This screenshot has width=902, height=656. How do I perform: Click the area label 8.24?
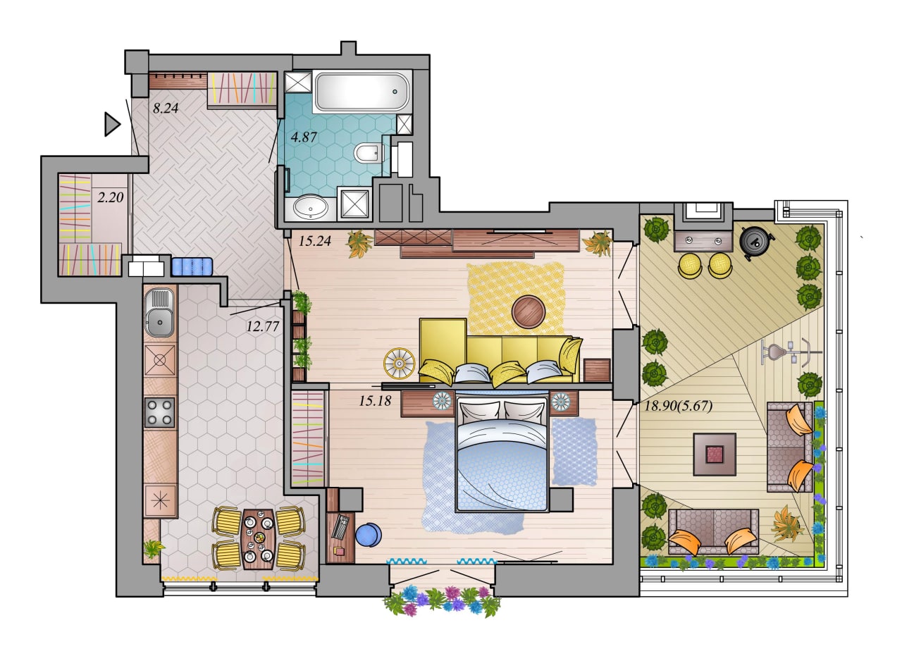[x=165, y=109]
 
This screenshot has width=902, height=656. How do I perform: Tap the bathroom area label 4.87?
[x=304, y=137]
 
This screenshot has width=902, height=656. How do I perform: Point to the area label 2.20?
[x=111, y=197]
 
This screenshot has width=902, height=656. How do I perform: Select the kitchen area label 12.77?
[x=263, y=326]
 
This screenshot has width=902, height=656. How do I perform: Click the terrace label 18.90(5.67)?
[x=679, y=406]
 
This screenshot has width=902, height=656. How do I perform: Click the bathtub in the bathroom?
[x=362, y=92]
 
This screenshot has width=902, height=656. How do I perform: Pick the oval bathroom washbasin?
[x=311, y=207]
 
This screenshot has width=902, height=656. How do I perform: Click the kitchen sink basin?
[x=160, y=322]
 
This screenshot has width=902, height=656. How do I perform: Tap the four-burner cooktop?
[x=159, y=412]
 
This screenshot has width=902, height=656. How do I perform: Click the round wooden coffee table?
[x=529, y=312]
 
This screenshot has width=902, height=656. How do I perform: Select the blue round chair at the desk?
[x=369, y=535]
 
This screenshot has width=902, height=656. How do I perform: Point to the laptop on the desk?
[x=340, y=526]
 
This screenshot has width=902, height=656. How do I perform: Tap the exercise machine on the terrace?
[x=790, y=353]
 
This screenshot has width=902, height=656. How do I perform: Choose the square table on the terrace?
[x=715, y=454]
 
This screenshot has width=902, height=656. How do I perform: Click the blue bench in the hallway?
[x=192, y=266]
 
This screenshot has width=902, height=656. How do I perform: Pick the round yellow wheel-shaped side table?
[x=399, y=364]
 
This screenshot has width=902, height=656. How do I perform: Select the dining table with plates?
[x=258, y=539]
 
